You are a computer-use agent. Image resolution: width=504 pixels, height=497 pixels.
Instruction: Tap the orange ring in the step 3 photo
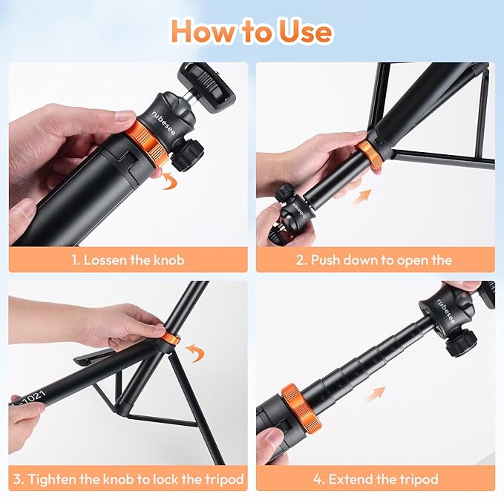(171, 339)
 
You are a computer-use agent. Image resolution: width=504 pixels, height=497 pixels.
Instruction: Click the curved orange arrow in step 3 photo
(194, 352)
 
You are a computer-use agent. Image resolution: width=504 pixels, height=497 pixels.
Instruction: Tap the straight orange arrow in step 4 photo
(374, 393)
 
